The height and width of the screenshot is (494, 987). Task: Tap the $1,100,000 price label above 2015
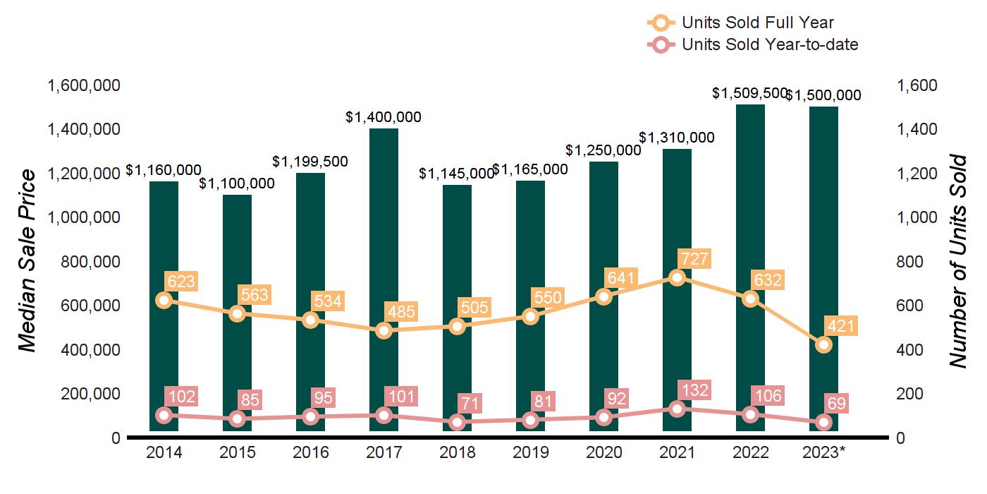pos(237,183)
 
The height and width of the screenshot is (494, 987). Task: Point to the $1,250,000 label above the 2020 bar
pos(603,150)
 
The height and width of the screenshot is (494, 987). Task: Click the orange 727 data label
pos(693,258)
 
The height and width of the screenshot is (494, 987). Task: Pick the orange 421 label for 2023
pos(840,326)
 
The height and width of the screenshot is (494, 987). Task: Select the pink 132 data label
pos(693,390)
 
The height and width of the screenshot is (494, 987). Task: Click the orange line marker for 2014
pos(164,300)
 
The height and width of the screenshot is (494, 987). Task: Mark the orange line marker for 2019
pos(531,316)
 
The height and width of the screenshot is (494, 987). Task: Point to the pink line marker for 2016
pos(311,416)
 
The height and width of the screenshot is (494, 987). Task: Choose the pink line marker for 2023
pos(824,422)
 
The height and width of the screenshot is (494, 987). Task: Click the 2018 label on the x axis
pos(458,453)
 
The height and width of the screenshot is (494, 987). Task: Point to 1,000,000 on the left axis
pos(83,218)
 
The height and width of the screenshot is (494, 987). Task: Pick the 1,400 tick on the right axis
pos(918,130)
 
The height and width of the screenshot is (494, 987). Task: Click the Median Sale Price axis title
pos(26,261)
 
